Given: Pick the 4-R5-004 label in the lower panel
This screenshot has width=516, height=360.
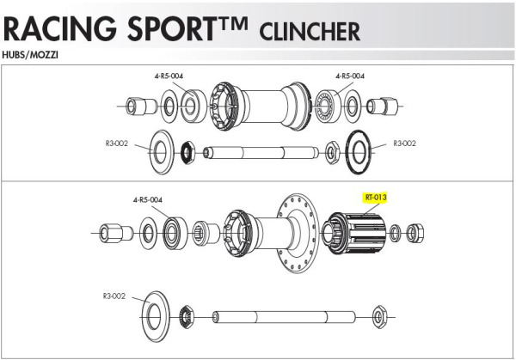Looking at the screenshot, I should pos(148,199).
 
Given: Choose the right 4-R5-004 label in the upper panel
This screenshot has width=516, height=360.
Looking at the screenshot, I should pos(349,76).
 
